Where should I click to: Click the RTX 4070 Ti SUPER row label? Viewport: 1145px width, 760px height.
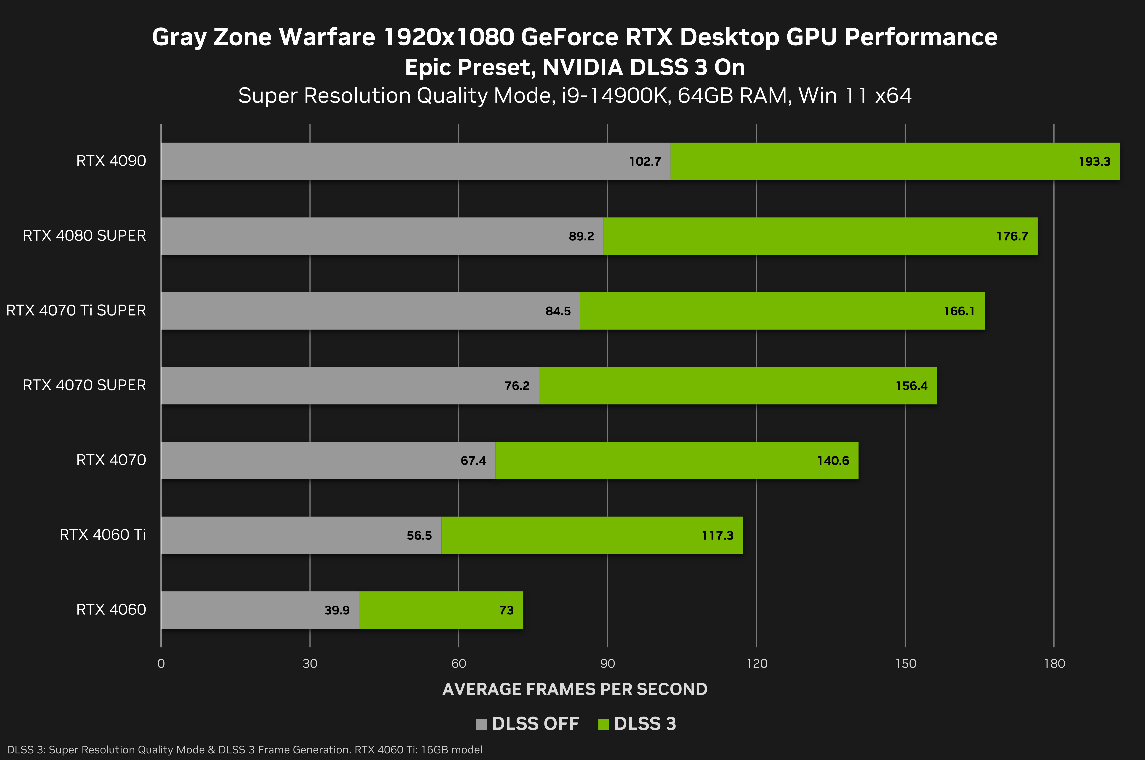(x=76, y=310)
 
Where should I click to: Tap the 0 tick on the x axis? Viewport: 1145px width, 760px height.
(x=161, y=664)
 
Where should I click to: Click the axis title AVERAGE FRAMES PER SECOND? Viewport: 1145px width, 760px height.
(x=575, y=689)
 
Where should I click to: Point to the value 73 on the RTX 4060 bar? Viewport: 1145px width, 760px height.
(x=506, y=610)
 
